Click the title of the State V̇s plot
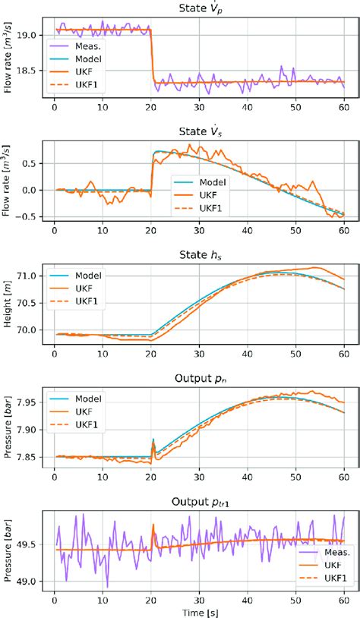[200, 131]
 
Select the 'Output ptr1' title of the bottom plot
[200, 500]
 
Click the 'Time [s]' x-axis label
[200, 610]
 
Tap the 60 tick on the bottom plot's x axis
[343, 598]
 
